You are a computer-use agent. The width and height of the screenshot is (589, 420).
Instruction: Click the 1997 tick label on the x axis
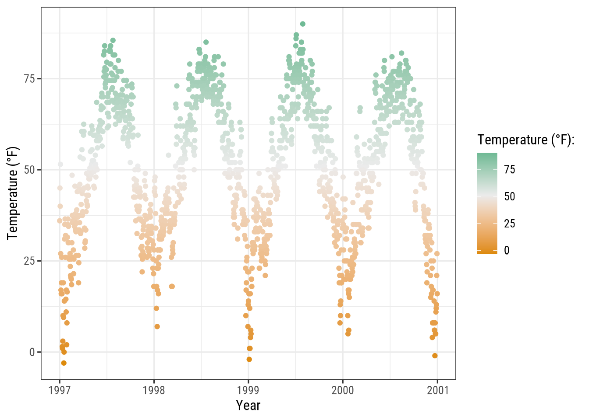[60, 390]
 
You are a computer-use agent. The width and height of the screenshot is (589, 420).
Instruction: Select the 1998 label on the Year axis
[154, 390]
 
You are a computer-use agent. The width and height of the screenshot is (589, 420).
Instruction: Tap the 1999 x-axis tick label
[248, 390]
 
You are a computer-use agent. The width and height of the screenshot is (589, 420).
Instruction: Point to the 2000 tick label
[343, 390]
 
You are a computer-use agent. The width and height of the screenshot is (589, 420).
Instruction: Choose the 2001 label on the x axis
[438, 390]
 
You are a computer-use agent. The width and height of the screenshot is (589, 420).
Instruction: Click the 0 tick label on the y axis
[32, 352]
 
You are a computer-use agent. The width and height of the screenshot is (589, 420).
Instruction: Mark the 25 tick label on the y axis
[29, 261]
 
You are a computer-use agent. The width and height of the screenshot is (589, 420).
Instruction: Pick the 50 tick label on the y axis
[29, 170]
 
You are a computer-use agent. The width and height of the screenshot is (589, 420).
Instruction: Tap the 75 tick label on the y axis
[29, 79]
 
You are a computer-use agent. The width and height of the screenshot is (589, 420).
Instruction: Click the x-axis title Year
[248, 406]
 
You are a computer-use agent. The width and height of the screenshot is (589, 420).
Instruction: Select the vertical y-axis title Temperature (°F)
[13, 193]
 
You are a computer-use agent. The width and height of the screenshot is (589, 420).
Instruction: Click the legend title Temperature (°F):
[526, 140]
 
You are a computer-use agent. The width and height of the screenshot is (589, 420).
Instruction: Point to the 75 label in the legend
[509, 170]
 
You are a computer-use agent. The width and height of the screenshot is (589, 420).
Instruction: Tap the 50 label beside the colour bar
[509, 196]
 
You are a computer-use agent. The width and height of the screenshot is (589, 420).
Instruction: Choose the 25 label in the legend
[509, 224]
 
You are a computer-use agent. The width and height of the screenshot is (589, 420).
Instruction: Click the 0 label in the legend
[507, 250]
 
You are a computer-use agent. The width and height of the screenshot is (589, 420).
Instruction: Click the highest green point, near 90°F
[303, 24]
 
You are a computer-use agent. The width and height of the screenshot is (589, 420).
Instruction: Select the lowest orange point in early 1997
[64, 363]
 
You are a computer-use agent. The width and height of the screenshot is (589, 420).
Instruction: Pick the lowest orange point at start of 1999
[249, 359]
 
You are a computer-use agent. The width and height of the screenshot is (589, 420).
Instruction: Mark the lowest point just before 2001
[435, 356]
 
